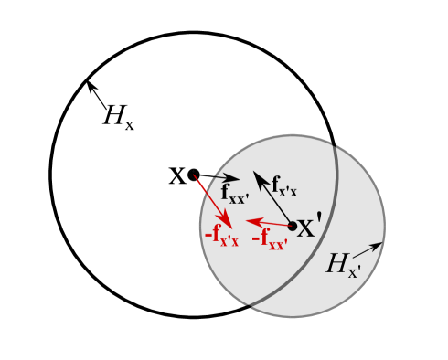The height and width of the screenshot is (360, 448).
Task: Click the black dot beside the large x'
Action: click(x=292, y=226)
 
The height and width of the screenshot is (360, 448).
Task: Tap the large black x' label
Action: click(x=309, y=226)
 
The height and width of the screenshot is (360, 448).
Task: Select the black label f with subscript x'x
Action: click(x=283, y=186)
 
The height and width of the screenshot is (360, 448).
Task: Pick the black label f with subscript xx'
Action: click(x=234, y=194)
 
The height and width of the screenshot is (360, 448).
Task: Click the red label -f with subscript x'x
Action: click(x=221, y=236)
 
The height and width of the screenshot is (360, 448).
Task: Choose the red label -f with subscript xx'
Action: click(x=270, y=239)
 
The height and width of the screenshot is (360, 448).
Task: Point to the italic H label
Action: click(x=337, y=264)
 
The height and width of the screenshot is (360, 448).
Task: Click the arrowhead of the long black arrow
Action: click(x=257, y=175)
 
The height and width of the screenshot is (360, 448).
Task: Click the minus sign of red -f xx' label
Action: click(x=256, y=238)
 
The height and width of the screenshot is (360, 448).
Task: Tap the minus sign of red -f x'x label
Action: click(x=208, y=235)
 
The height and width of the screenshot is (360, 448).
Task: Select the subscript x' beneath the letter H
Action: click(x=355, y=271)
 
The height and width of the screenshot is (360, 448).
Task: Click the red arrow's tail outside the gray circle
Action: click(x=195, y=177)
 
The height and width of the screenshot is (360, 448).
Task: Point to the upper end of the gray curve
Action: click(x=335, y=148)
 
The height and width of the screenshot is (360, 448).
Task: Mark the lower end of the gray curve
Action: click(x=250, y=304)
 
